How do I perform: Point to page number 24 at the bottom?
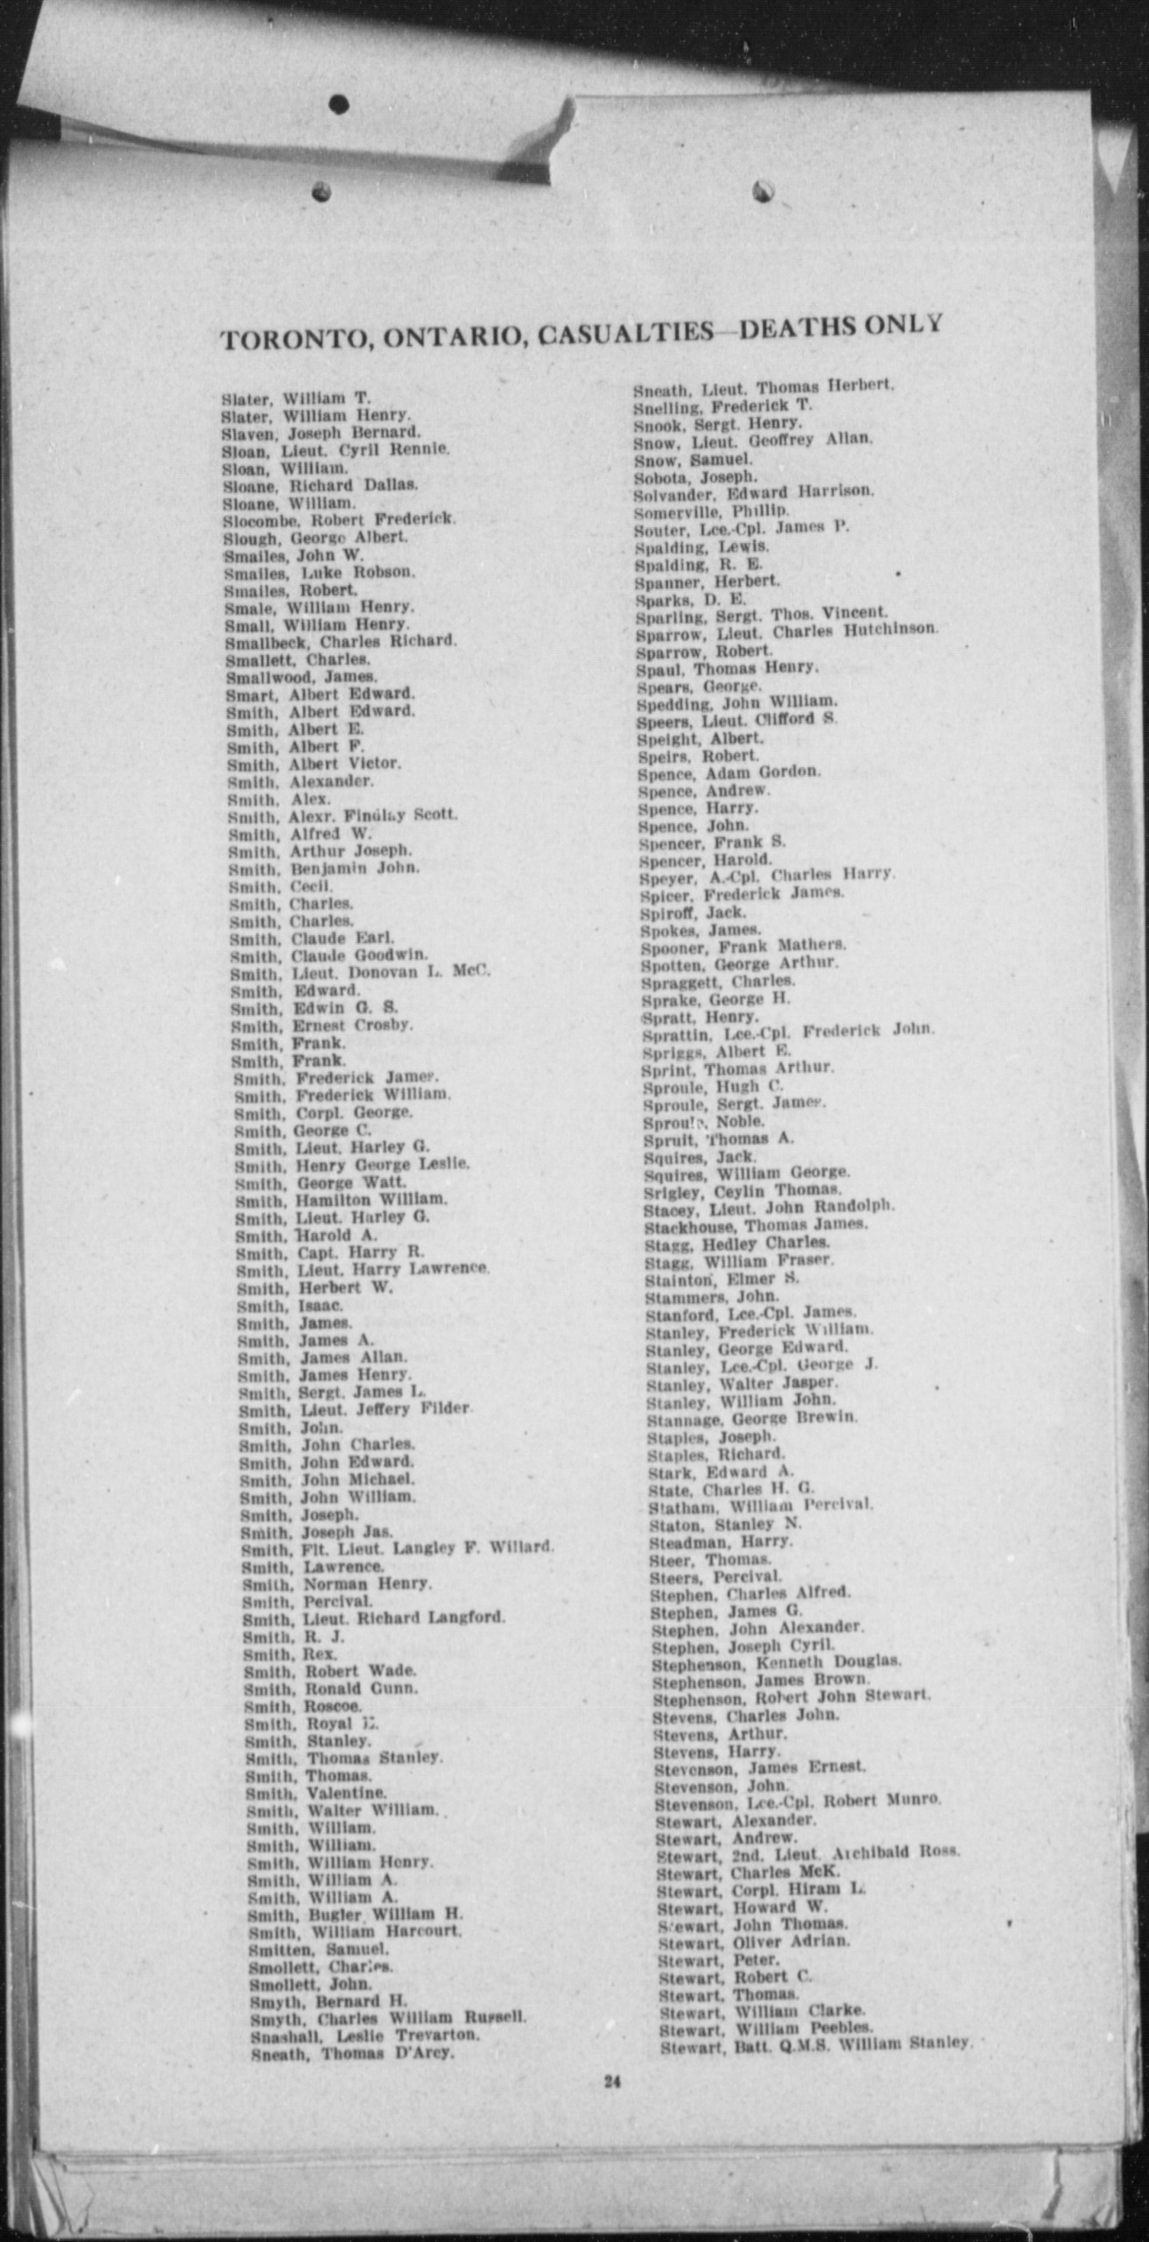[611, 2082]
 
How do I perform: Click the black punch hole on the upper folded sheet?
[339, 105]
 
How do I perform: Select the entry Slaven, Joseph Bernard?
[321, 433]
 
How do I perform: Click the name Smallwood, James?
[301, 677]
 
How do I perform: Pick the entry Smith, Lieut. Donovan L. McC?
[360, 972]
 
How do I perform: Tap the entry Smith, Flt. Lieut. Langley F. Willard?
[398, 1548]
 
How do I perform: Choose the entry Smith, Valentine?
[316, 1793]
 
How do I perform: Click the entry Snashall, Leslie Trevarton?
[363, 2034]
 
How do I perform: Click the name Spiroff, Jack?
[693, 912]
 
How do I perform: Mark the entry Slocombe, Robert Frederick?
[339, 519]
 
